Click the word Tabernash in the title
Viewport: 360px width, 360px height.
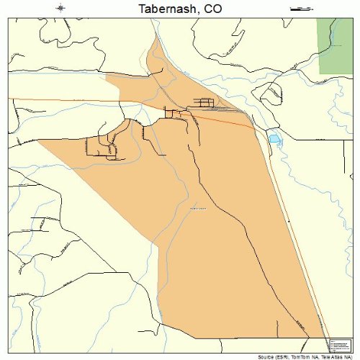pos(163,9)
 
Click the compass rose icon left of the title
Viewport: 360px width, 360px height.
pos(61,9)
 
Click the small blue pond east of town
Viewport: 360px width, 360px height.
pos(274,138)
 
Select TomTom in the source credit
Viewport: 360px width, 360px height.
pos(296,356)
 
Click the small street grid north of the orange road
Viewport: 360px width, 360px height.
pos(205,102)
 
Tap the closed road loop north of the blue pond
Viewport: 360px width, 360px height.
pos(271,92)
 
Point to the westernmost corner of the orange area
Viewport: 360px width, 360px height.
pos(37,141)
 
